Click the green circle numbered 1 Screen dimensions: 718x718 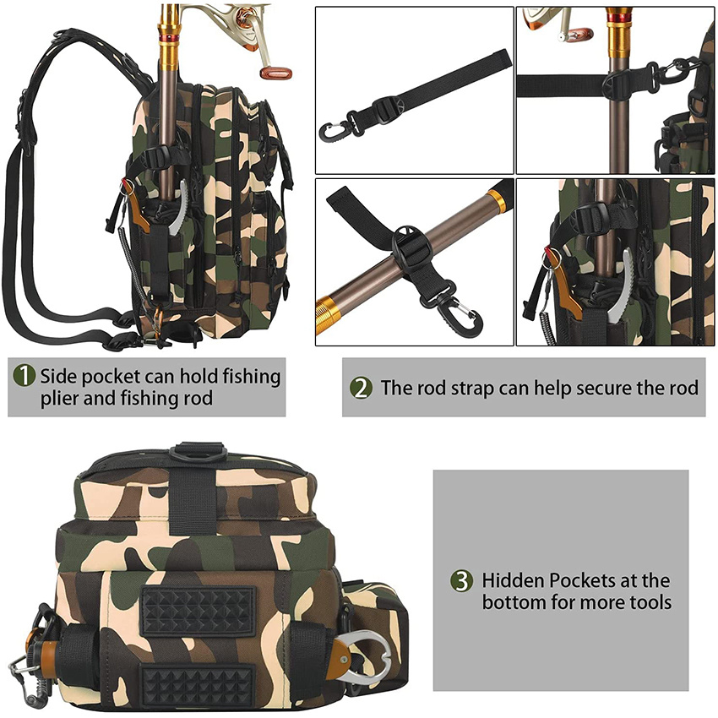24,375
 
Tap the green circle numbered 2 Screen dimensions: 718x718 362,388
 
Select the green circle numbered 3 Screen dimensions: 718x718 460,581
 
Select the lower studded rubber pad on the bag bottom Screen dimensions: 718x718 198,683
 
